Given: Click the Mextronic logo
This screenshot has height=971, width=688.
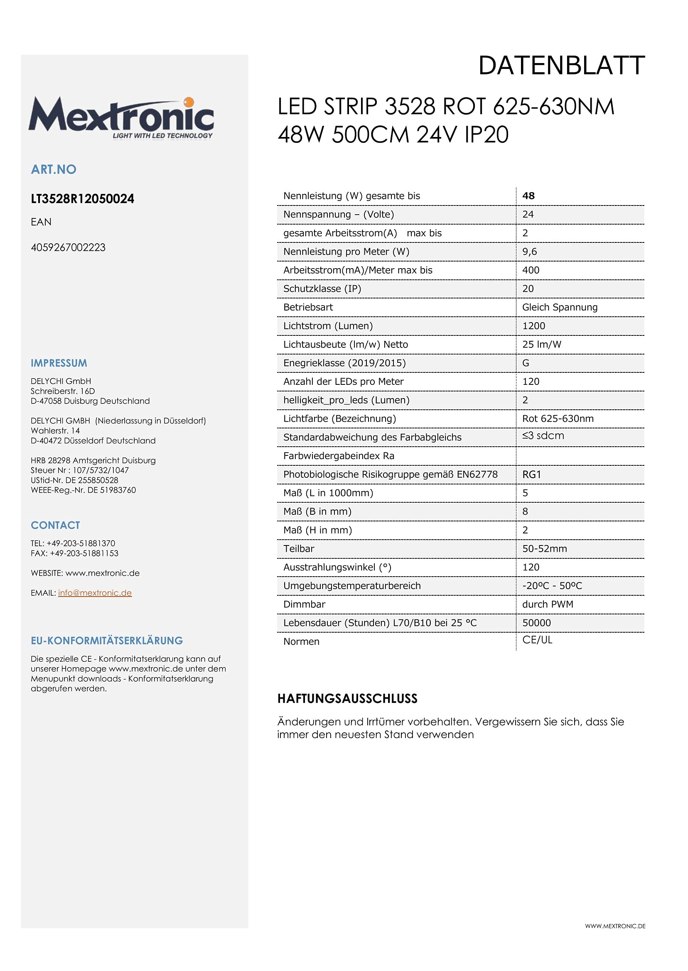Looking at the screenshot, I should [x=121, y=117].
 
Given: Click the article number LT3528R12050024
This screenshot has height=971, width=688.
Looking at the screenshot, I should [x=83, y=199].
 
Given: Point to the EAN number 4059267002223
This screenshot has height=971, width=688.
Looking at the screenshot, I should [x=68, y=247].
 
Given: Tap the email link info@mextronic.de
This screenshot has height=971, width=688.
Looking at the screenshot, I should [x=95, y=593].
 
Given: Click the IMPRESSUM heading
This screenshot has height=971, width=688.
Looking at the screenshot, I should [x=59, y=363].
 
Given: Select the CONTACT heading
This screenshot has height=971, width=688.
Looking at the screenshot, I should [x=56, y=525].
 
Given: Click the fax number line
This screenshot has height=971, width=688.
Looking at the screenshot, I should [x=74, y=553].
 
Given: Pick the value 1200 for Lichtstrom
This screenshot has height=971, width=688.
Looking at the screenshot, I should [x=533, y=326].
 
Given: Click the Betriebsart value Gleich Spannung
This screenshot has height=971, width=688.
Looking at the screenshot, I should [x=559, y=307].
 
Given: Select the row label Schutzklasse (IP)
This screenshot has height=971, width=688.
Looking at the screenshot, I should [x=322, y=289].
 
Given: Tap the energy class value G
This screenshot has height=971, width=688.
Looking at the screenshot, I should [x=525, y=363].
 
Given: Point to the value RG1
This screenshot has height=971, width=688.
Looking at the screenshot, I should [x=531, y=474].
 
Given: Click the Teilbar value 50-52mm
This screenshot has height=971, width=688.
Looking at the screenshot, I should [x=544, y=549].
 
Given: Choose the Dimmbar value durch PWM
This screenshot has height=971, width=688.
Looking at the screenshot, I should [x=547, y=604].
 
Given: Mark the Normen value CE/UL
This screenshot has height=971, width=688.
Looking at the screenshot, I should [x=537, y=640].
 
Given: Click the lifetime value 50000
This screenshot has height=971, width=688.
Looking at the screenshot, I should [x=536, y=623].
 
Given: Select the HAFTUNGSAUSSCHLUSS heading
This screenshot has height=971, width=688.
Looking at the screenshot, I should [x=347, y=699].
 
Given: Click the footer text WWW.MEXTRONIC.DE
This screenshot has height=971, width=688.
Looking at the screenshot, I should [x=615, y=926].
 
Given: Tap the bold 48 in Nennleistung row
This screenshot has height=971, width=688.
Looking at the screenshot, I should [x=528, y=196].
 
